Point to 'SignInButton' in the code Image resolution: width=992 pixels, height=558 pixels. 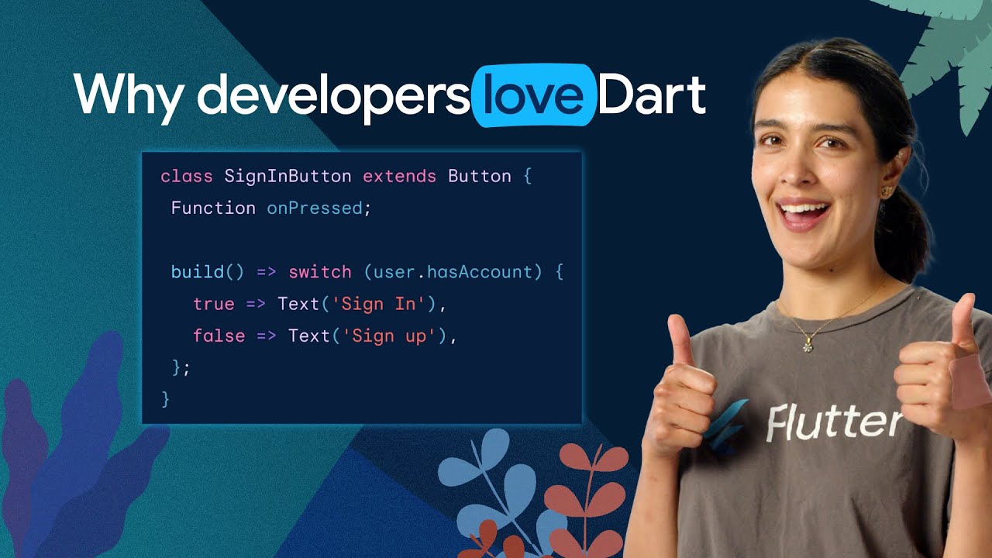pos(288,177)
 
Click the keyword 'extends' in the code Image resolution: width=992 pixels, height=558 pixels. pos(399,177)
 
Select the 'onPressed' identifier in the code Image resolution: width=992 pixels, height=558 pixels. pos(315,208)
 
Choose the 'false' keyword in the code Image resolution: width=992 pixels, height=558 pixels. pos(219,336)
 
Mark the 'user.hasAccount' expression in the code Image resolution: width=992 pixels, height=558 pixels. pos(453,272)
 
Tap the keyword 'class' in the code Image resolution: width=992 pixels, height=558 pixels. pos(186,177)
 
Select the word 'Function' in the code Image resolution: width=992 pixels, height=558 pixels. pos(213,208)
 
